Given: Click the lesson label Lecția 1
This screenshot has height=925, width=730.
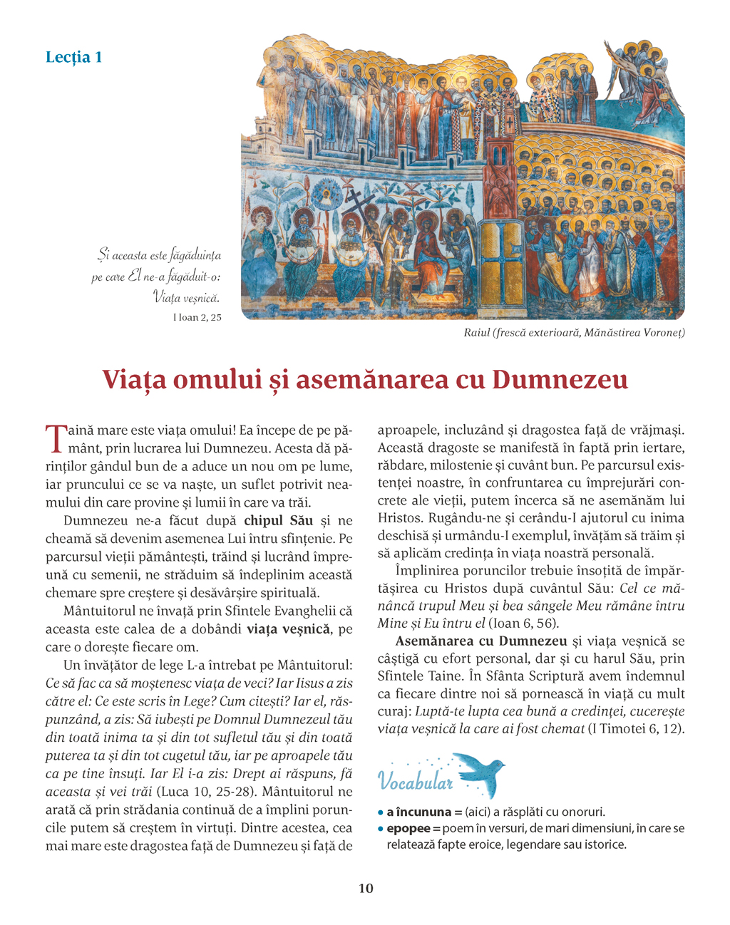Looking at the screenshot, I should pos(73,57).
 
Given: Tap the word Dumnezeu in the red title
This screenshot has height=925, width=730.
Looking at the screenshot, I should pos(560,379).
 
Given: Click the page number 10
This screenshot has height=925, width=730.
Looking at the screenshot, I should pos(365,888).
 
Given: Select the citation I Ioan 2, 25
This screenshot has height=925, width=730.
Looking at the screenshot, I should pos(197,317).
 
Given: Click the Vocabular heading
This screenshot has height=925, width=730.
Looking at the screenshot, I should pos(416,782).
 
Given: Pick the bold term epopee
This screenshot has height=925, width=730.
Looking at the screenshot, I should pos(408,828).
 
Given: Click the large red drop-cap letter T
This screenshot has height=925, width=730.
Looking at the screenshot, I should pos(55,438).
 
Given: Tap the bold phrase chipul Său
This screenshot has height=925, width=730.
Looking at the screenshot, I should pos(278,521).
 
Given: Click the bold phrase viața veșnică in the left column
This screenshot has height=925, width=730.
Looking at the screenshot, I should pos(288,629).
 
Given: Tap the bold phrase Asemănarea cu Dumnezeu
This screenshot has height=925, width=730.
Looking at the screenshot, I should pos(481,641).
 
